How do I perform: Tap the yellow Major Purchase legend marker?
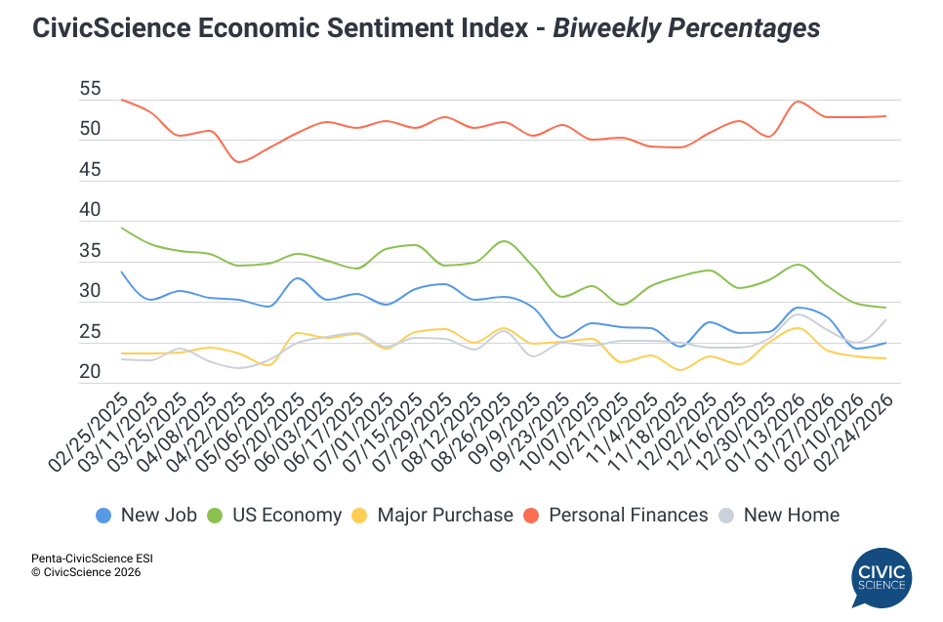[360, 515]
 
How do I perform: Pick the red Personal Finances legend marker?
[534, 515]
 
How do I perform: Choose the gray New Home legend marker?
[727, 515]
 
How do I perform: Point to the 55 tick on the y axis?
[90, 89]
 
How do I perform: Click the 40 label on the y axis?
[90, 210]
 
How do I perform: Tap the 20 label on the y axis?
[90, 372]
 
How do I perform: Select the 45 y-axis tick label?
[90, 170]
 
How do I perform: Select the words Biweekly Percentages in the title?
[686, 28]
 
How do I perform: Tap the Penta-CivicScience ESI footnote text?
[92, 559]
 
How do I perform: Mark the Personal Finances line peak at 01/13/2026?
[798, 102]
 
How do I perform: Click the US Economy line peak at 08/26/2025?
[503, 241]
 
